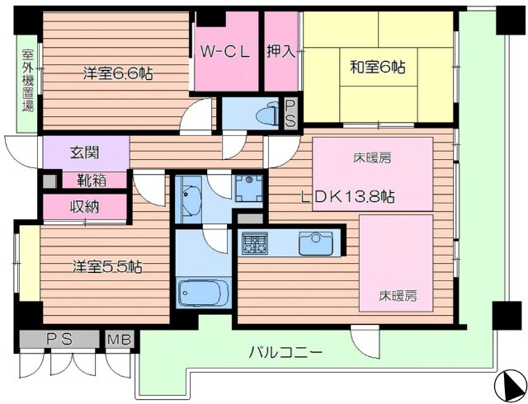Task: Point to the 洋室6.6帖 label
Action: [x=117, y=73]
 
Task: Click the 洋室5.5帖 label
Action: [x=106, y=266]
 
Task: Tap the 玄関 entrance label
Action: [x=86, y=152]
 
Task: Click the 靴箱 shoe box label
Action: [x=86, y=180]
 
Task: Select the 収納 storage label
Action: [x=85, y=206]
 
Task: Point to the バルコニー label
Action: [x=286, y=352]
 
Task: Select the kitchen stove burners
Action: [x=253, y=243]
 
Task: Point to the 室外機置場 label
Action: [x=27, y=83]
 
